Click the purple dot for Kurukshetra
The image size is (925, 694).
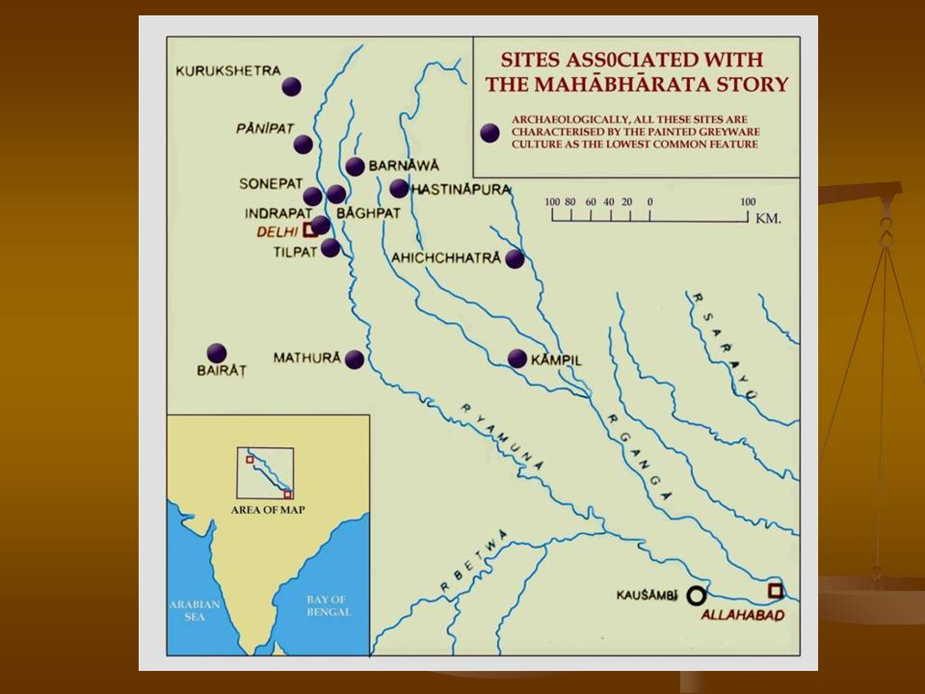click(x=291, y=87)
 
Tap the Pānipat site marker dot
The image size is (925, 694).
click(x=303, y=144)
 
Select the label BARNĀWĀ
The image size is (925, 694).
click(x=404, y=166)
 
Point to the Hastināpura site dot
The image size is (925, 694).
click(x=399, y=188)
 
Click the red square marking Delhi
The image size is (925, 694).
click(x=310, y=231)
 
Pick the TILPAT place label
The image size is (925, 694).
click(x=295, y=252)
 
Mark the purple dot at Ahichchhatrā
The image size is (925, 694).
click(x=515, y=259)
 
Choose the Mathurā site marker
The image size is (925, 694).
click(x=355, y=360)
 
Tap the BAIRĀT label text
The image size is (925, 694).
click(x=222, y=371)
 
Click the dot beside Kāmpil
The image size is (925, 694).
click(x=517, y=359)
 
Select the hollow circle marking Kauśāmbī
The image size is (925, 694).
click(x=696, y=596)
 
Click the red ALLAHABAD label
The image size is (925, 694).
click(x=742, y=615)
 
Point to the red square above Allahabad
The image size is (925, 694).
click(x=775, y=590)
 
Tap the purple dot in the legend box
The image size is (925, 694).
click(x=490, y=133)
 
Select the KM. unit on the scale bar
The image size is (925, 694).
click(x=768, y=219)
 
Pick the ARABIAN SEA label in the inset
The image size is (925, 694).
click(x=194, y=611)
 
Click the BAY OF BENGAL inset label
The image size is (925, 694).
click(x=329, y=606)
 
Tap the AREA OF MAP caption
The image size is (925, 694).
click(x=267, y=510)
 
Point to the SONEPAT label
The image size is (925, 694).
click(x=271, y=184)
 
